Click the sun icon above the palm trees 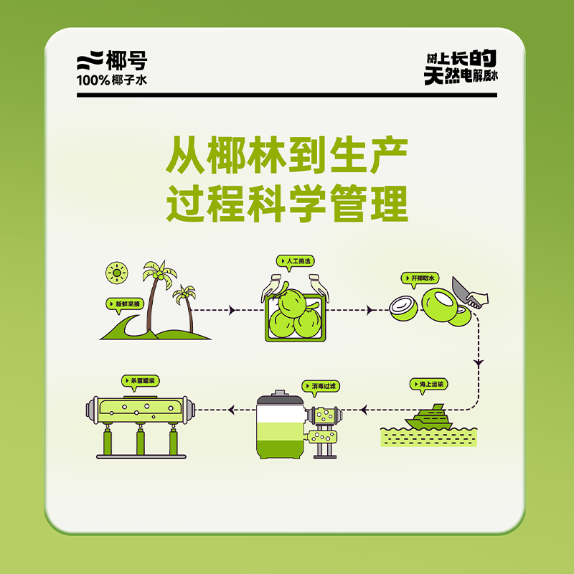[117, 273]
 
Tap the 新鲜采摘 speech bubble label [125, 304]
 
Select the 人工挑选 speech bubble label [296, 261]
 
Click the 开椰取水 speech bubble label [420, 278]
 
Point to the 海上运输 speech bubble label [428, 385]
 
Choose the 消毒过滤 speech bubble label [321, 386]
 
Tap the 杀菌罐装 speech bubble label [140, 381]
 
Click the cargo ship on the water [428, 418]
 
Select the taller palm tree [156, 293]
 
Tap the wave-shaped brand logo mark [90, 60]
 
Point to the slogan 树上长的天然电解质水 [461, 67]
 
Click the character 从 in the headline [185, 155]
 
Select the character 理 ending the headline [390, 203]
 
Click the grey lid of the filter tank [280, 397]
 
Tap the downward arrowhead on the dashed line [479, 363]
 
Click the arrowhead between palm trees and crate [232, 311]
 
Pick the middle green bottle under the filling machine [141, 441]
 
